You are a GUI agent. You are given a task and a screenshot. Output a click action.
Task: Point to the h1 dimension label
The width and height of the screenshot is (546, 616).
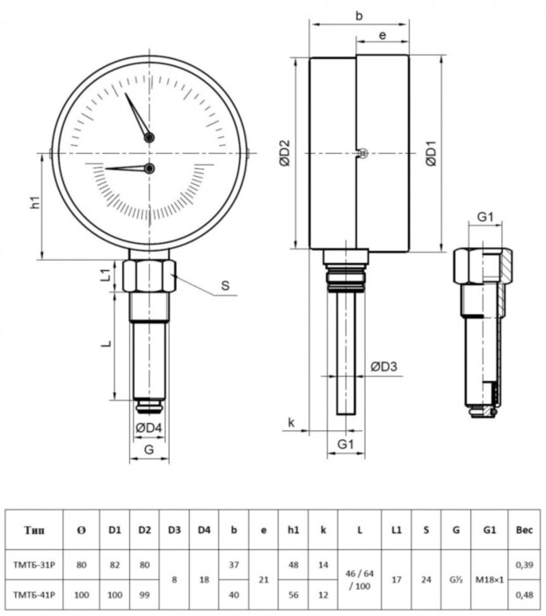pyautogui.click(x=35, y=202)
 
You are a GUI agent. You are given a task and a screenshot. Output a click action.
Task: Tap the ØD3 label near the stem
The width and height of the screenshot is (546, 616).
pyautogui.click(x=383, y=366)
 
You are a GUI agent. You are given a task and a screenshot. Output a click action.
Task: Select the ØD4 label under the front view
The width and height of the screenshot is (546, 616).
pyautogui.click(x=149, y=429)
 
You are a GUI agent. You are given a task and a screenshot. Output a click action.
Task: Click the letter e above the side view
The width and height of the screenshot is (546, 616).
pyautogui.click(x=382, y=35)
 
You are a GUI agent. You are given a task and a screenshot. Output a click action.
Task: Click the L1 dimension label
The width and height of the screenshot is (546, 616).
pyautogui.click(x=105, y=275)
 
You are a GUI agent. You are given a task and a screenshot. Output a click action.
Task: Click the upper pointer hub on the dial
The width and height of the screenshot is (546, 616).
pyautogui.click(x=149, y=137)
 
